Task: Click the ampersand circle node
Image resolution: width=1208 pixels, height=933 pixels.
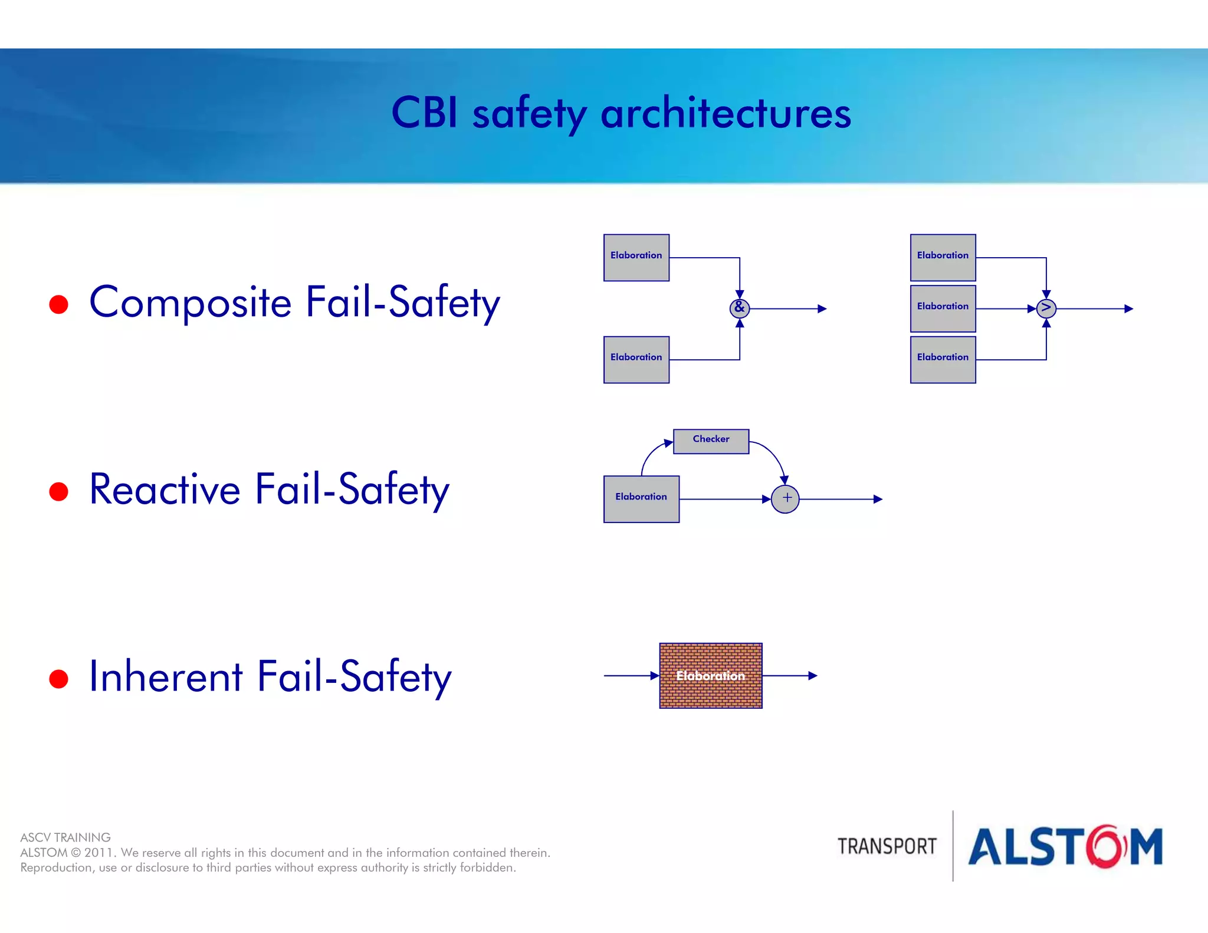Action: click(x=739, y=308)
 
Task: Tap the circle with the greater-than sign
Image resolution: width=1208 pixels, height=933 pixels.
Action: click(x=1046, y=308)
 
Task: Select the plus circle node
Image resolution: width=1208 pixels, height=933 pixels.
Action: click(x=785, y=499)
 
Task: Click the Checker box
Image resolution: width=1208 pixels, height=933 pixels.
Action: click(x=711, y=441)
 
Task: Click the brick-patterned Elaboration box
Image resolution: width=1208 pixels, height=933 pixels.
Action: click(x=710, y=675)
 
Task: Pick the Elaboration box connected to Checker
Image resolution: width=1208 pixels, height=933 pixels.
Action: click(x=641, y=499)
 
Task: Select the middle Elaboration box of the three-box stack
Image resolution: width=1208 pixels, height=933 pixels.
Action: click(x=943, y=308)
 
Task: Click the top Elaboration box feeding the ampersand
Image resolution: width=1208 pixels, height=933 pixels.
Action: click(x=636, y=258)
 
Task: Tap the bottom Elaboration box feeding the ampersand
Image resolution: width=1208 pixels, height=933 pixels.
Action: click(x=636, y=359)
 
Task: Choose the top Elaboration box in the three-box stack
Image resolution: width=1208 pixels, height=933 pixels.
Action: click(x=943, y=258)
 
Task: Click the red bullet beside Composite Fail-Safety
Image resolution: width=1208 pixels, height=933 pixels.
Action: click(x=59, y=304)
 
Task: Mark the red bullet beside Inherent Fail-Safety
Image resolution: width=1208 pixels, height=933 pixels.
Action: click(x=59, y=679)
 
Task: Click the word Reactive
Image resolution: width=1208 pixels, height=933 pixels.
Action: click(x=165, y=490)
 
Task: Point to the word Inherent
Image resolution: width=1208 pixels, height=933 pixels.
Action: click(x=166, y=676)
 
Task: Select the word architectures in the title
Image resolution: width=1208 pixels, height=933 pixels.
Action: click(x=726, y=113)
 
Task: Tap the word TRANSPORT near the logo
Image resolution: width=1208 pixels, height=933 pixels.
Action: click(x=887, y=846)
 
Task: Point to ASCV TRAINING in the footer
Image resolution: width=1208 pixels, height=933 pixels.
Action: click(x=65, y=837)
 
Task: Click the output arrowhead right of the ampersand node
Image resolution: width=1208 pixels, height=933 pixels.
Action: click(x=822, y=308)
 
